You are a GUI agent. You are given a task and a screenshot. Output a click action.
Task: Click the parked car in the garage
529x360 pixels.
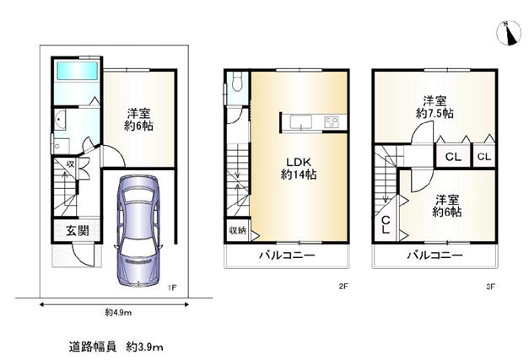138,231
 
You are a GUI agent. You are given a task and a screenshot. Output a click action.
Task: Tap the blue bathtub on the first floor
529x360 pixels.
78,71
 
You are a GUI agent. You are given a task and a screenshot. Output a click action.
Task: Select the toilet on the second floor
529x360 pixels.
238,81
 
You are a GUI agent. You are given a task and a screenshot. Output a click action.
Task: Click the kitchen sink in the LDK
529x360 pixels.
301,121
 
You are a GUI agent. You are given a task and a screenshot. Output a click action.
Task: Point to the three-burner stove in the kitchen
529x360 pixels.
332,121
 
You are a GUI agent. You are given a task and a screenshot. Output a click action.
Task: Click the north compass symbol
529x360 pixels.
509,33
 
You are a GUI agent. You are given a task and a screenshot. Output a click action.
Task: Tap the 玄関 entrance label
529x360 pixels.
78,230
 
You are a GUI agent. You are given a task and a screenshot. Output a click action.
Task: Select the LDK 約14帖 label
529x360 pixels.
299,169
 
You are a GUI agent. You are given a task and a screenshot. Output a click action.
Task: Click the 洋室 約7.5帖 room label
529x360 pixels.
435,107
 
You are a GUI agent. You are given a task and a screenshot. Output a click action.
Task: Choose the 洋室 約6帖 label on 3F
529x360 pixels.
446,206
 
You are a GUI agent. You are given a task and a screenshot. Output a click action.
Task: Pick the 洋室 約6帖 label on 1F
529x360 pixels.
138,120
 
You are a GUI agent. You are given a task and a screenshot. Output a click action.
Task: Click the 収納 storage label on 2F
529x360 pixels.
238,230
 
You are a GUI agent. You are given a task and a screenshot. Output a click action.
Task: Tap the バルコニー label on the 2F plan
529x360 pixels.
287,255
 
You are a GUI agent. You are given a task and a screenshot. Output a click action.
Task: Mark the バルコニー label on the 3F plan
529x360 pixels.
435,255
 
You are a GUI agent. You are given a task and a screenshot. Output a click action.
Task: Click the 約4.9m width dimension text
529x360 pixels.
118,313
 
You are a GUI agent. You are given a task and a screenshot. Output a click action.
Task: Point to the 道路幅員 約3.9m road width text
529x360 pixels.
116,347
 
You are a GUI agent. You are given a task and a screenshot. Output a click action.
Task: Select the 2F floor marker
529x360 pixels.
343,287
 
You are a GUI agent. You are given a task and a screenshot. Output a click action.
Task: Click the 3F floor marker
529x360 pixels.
490,287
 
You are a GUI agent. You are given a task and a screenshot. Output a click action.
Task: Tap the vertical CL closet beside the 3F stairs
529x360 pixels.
386,225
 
